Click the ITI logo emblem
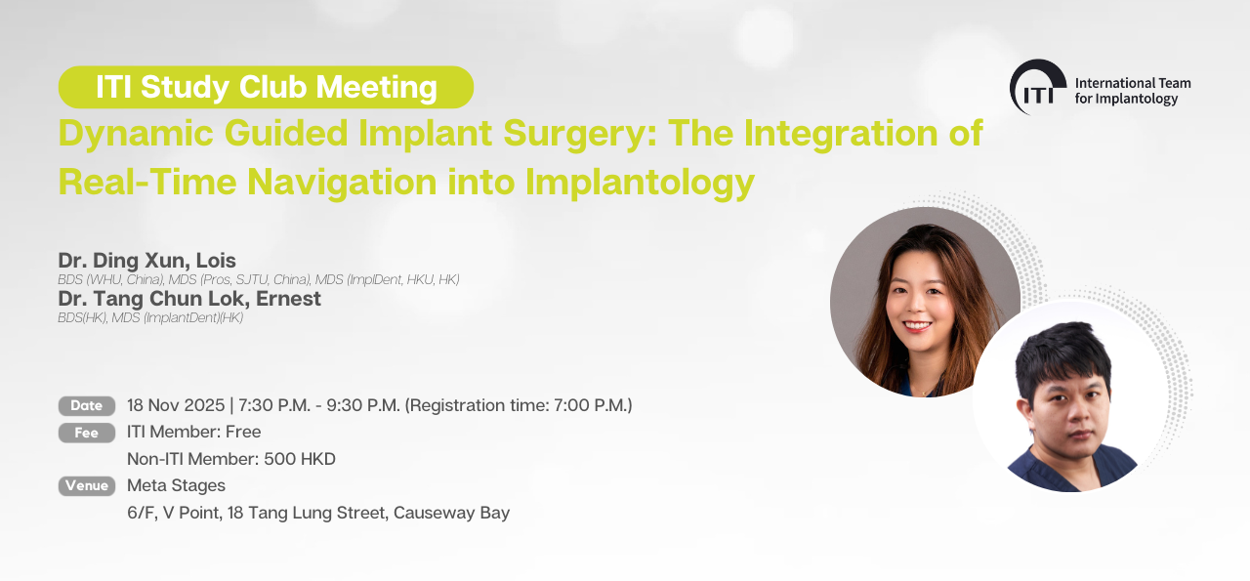(x=1037, y=87)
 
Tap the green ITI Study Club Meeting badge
(x=266, y=87)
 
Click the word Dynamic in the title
(x=136, y=134)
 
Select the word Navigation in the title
(x=342, y=182)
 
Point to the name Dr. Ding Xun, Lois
(x=146, y=261)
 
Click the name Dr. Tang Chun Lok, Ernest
(x=189, y=299)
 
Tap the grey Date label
(x=87, y=406)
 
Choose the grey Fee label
(x=87, y=433)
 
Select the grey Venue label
(x=87, y=485)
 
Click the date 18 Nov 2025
(x=176, y=405)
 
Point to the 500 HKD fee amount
(x=300, y=459)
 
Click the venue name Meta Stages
(x=177, y=485)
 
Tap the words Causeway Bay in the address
(x=451, y=513)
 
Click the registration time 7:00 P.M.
(x=591, y=405)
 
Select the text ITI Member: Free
(x=194, y=432)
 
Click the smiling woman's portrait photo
(x=925, y=302)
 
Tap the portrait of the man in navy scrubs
(x=1069, y=396)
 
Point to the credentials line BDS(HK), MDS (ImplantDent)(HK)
(x=150, y=318)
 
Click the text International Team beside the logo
(x=1133, y=83)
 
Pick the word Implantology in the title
(x=640, y=183)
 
